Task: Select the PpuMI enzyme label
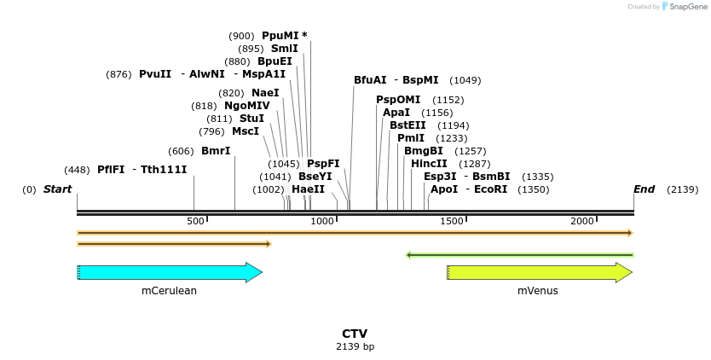[280, 36]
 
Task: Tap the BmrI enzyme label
[216, 151]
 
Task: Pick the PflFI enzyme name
[111, 169]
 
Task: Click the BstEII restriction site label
[408, 125]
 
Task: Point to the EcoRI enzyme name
[490, 189]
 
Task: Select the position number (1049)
[465, 80]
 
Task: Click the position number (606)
[181, 151]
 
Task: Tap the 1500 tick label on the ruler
[451, 222]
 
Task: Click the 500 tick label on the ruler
[196, 222]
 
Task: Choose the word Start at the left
[57, 189]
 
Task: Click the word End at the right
[644, 189]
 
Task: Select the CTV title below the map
[355, 334]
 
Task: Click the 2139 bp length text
[355, 347]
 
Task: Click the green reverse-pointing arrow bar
[519, 254]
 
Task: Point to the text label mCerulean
[169, 291]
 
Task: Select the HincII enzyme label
[429, 164]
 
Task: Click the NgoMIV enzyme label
[247, 106]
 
